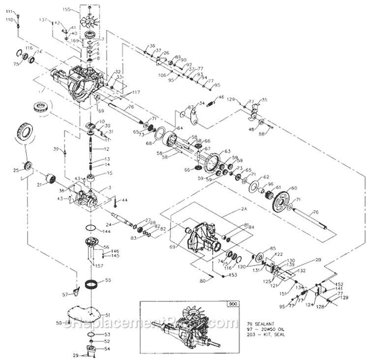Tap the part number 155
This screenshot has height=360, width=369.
coord(67,9)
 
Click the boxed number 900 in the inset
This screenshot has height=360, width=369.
coord(232,304)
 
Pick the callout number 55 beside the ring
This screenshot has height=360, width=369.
coord(108,280)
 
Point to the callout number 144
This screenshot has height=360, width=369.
coord(106,231)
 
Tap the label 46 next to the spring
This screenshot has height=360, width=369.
coord(221,98)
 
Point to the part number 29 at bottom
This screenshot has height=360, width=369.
coord(75,355)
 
